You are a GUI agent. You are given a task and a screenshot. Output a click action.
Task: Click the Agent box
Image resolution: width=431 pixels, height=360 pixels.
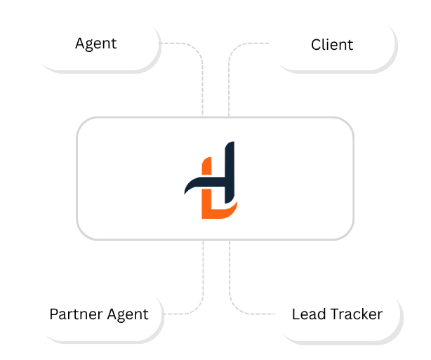click(x=95, y=44)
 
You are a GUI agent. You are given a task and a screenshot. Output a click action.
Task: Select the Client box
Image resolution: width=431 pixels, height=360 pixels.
click(x=332, y=44)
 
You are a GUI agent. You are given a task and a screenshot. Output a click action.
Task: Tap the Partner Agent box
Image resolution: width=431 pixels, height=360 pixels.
click(x=98, y=314)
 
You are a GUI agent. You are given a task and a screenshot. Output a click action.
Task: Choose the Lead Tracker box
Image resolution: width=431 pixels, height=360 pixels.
click(x=337, y=314)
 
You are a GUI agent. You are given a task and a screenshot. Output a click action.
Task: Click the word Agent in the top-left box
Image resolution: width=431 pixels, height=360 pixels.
click(x=95, y=44)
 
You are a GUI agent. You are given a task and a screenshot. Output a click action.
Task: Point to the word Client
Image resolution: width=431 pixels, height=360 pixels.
click(x=332, y=45)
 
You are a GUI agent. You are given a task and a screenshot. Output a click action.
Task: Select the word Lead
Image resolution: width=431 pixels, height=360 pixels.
click(x=307, y=314)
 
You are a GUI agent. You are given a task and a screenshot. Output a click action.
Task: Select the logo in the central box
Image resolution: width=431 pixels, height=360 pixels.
click(x=213, y=180)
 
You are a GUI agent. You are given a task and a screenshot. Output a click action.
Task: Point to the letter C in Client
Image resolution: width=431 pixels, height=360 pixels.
click(x=316, y=45)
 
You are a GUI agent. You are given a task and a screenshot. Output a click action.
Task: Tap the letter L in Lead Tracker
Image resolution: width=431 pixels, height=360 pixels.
click(x=296, y=314)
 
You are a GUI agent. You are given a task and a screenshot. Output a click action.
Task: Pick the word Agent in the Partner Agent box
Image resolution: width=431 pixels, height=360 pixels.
click(x=127, y=314)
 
